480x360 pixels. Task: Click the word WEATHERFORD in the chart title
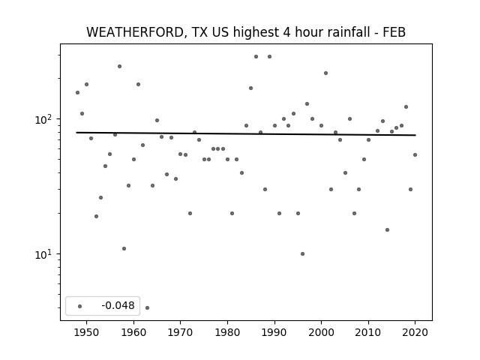(x=136, y=32)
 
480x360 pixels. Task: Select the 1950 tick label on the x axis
(x=87, y=332)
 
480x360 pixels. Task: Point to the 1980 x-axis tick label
(x=227, y=332)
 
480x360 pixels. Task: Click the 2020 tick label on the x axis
(x=415, y=332)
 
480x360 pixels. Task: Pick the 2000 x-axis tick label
(x=321, y=332)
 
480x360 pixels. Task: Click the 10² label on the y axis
(x=44, y=119)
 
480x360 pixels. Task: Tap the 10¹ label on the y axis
(x=44, y=254)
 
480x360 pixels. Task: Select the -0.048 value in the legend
(x=118, y=305)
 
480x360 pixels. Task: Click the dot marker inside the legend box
(x=80, y=306)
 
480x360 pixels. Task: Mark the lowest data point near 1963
(x=147, y=307)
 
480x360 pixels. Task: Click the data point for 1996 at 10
(x=302, y=253)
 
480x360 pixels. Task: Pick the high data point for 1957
(x=120, y=67)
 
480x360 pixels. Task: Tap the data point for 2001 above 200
(x=326, y=73)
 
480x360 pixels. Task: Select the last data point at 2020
(x=415, y=155)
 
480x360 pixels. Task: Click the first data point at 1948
(x=77, y=92)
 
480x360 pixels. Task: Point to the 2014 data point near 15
(x=387, y=230)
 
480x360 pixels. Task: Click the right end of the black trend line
(x=415, y=135)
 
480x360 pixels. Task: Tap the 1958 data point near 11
(x=124, y=248)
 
